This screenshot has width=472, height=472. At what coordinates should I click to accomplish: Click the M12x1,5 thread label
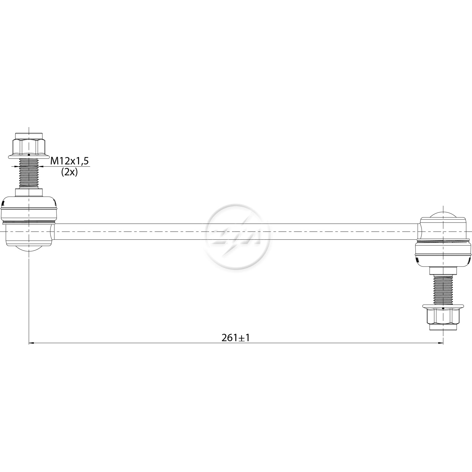[x=70, y=161]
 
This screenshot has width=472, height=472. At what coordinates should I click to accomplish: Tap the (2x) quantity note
[x=69, y=172]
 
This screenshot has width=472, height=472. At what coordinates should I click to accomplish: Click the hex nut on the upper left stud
[x=28, y=145]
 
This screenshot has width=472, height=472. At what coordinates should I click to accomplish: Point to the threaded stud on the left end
[x=28, y=173]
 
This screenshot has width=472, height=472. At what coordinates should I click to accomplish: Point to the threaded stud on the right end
[x=443, y=289]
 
